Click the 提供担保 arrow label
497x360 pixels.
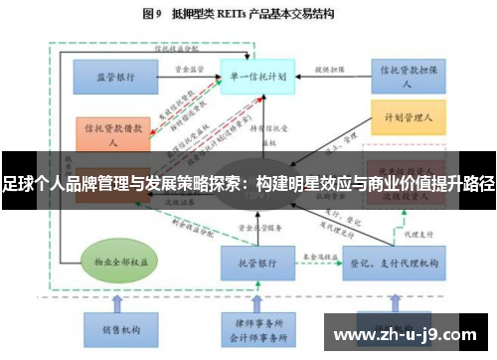pos(328,70)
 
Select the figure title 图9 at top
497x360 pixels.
pos(152,14)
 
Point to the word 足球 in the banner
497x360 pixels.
pos(17,185)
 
